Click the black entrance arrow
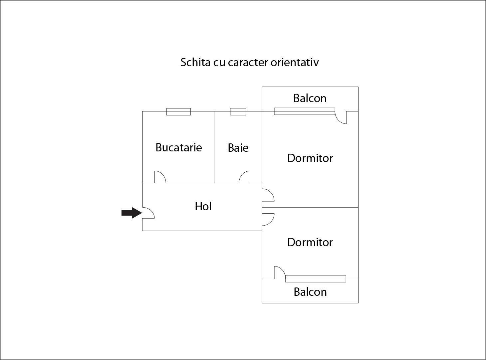(132, 213)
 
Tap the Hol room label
(203, 206)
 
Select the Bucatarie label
(178, 147)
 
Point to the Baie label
(238, 148)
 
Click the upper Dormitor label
(310, 158)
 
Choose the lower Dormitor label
(310, 242)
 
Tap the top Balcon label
(310, 98)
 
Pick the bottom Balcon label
(310, 292)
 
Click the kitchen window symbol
(178, 112)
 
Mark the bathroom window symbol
(238, 111)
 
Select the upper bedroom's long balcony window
(305, 111)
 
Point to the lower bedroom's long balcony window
(316, 279)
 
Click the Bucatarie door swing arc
(160, 177)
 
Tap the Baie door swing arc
(245, 177)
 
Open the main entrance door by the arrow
(148, 213)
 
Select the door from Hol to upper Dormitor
(268, 195)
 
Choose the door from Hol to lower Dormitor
(268, 219)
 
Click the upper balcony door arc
(341, 117)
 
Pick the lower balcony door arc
(280, 272)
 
